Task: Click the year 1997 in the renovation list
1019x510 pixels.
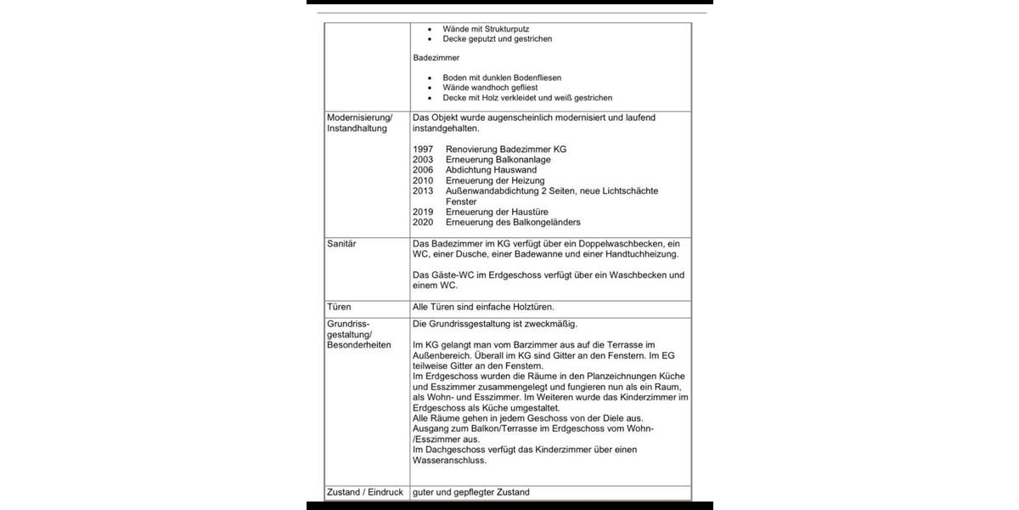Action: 423,149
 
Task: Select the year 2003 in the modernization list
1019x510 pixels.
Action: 423,160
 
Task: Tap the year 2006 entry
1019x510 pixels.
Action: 423,170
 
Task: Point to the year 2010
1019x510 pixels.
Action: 423,180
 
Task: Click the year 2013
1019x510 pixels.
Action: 423,191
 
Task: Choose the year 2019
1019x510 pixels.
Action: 423,212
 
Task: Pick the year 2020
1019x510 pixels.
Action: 423,222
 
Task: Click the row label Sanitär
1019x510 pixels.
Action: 341,244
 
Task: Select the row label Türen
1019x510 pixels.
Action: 339,307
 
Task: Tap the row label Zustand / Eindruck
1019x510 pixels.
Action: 365,492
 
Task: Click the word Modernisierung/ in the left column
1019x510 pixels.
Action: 360,117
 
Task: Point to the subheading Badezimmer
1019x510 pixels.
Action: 436,58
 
